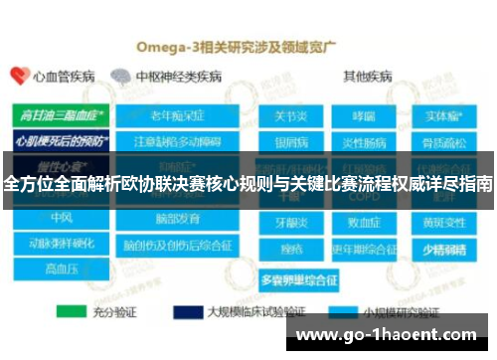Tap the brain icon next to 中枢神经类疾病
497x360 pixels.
tap(120, 76)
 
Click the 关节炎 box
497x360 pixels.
tap(291, 116)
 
